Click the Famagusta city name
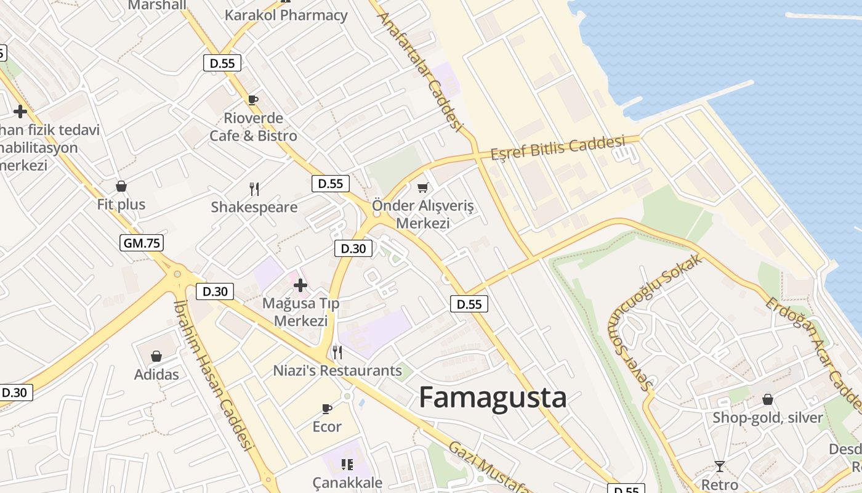[x=493, y=397]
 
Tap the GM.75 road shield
[x=142, y=243]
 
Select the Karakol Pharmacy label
[x=286, y=15]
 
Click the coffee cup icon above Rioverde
[x=252, y=100]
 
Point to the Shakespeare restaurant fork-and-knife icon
[x=254, y=189]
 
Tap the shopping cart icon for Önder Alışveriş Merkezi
[x=422, y=187]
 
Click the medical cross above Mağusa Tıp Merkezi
[x=300, y=285]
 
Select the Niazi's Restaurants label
[x=337, y=370]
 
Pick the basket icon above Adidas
[x=156, y=356]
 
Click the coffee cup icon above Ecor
[x=327, y=409]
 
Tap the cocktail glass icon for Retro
[x=719, y=466]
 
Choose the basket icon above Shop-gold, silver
[x=767, y=399]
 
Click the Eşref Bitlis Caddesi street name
[x=558, y=148]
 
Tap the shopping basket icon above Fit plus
[x=121, y=185]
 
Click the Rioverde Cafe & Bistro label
[x=253, y=127]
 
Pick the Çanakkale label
[x=347, y=483]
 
